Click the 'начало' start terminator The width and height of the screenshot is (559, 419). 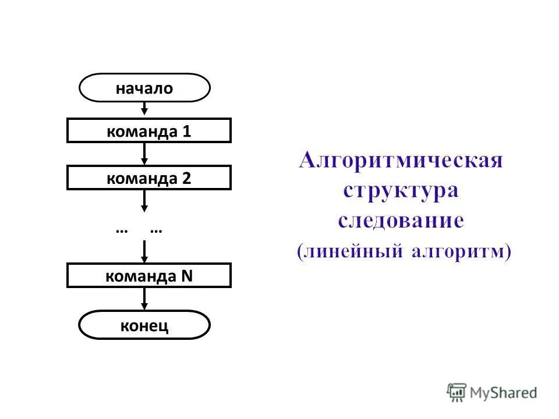(144, 88)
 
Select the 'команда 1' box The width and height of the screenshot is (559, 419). (149, 130)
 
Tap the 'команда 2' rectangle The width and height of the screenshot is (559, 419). (149, 177)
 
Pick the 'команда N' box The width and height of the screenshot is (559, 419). (149, 275)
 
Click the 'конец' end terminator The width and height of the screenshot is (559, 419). (144, 325)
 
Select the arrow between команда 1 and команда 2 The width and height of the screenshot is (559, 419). (144, 154)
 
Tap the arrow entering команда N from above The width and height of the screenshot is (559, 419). (144, 253)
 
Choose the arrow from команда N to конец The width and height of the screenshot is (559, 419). (144, 299)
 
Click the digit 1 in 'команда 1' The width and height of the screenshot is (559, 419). (186, 132)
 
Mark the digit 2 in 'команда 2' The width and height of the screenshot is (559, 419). (186, 178)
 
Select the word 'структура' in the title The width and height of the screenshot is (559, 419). (401, 190)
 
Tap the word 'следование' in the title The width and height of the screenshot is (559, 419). (401, 221)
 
